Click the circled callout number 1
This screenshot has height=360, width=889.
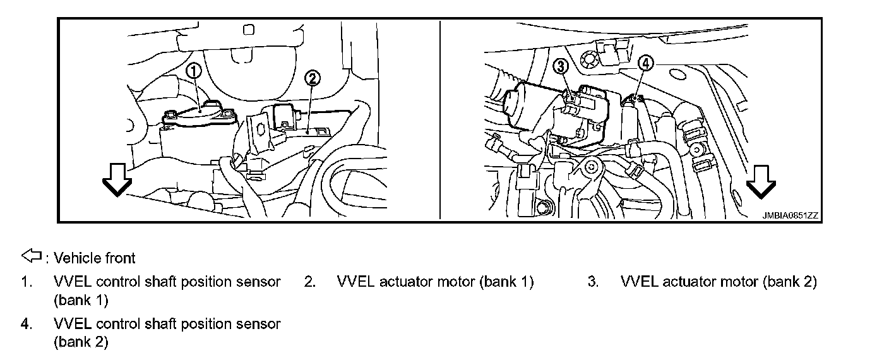tap(194, 71)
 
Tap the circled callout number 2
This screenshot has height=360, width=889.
tap(313, 78)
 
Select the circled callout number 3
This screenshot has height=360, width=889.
tap(561, 65)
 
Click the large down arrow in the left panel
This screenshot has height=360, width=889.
tap(117, 181)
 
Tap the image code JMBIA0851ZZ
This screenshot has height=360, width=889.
tap(790, 215)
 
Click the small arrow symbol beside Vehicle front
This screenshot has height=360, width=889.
tap(31, 256)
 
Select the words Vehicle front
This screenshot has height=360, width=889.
tap(95, 258)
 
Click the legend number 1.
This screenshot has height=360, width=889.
tap(26, 282)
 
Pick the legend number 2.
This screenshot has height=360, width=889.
tap(309, 282)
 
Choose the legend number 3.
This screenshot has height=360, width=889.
tap(593, 282)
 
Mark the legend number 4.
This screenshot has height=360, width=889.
tap(26, 324)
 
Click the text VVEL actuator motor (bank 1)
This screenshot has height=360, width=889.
tap(436, 282)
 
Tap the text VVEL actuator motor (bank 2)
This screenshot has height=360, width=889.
tap(719, 282)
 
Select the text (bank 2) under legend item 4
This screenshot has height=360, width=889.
tap(81, 342)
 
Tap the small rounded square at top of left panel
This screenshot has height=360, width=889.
tap(248, 29)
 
